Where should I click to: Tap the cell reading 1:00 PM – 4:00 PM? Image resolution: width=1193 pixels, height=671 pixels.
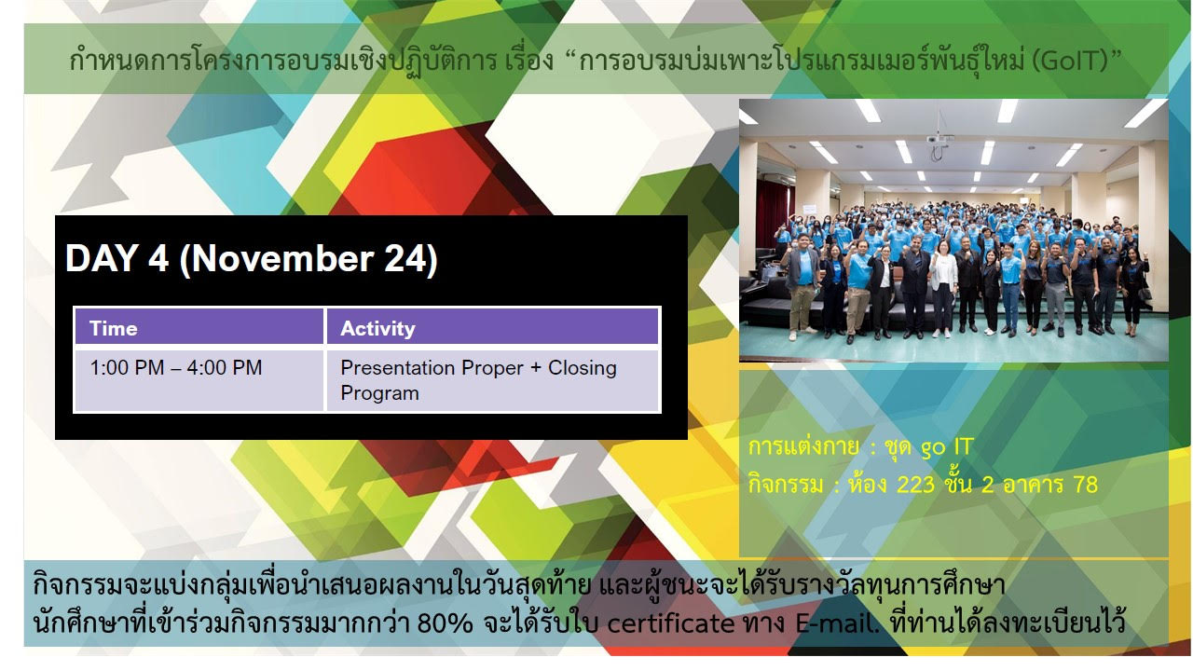(199, 380)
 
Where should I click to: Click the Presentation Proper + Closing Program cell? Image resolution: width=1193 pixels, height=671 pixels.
(493, 380)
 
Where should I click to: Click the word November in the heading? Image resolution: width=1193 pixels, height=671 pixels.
(281, 259)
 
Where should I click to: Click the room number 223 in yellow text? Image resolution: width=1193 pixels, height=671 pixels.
(915, 485)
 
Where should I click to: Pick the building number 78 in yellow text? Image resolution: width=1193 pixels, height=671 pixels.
(1085, 485)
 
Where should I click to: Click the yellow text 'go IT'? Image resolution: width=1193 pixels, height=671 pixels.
(948, 447)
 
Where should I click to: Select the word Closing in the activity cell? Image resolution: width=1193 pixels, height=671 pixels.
(583, 368)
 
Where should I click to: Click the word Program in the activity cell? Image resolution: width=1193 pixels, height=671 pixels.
(379, 393)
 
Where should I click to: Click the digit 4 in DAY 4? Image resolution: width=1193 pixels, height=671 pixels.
(158, 259)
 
